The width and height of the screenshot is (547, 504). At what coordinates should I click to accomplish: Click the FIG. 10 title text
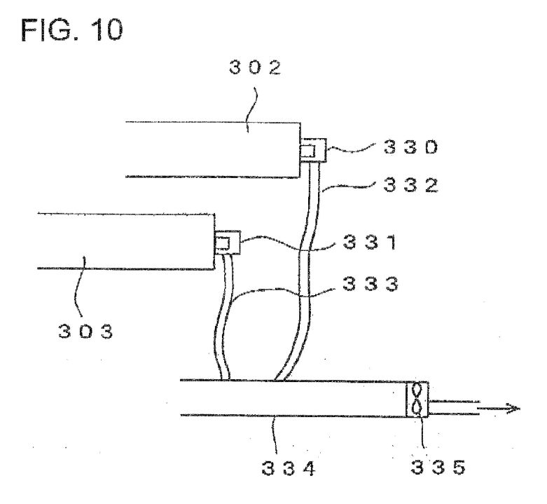72,30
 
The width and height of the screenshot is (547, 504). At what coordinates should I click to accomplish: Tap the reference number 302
255,67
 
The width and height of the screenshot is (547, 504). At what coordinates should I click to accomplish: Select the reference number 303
85,331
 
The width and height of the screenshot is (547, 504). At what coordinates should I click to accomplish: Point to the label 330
410,147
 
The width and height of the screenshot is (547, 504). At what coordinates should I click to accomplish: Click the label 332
410,185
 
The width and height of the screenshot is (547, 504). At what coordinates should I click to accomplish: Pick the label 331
370,242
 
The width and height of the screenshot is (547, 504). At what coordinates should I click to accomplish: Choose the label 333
370,284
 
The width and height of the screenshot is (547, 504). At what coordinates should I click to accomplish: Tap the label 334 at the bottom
289,468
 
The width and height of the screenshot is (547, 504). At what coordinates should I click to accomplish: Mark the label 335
438,467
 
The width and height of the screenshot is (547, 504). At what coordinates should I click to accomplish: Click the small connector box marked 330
313,151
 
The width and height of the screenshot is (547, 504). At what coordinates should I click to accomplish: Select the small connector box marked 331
228,243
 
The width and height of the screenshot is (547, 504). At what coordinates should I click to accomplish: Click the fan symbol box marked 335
417,400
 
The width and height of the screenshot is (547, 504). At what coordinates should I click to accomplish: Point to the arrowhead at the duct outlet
514,409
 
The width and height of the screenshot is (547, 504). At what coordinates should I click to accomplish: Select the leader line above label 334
275,435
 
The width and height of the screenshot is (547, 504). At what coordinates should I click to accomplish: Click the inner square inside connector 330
308,151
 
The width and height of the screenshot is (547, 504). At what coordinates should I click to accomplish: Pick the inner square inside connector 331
223,243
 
